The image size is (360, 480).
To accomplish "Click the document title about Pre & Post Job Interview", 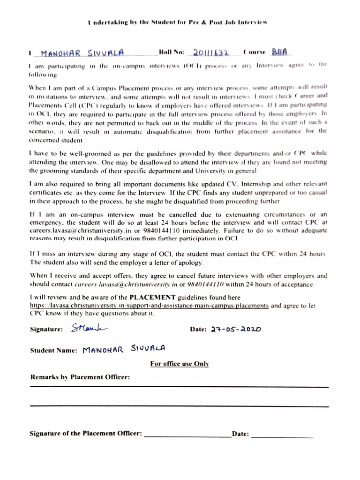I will pos(178,22).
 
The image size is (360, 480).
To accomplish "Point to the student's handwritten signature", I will pos(90,328).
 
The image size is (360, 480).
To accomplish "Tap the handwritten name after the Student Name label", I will pos(123,349).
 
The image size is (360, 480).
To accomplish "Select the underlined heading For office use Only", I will pos(180,363).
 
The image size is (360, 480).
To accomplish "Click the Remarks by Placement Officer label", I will pos(80,377).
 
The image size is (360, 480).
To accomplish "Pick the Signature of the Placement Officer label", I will pos(85,434).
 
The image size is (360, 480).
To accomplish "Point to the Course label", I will pos(255,52).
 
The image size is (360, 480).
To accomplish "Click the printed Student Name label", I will pos(53,350).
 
